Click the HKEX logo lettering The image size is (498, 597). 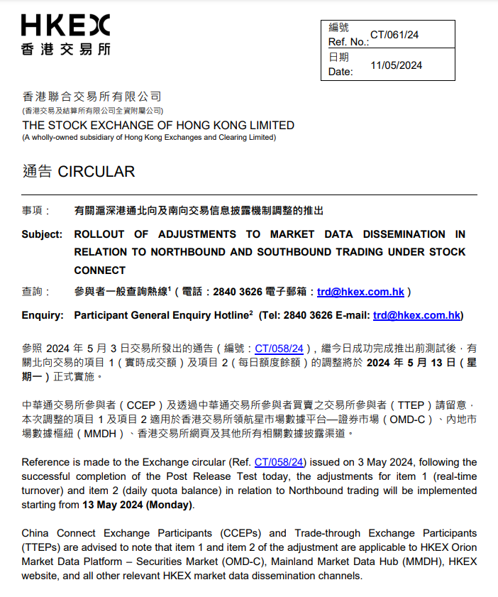pos(65,26)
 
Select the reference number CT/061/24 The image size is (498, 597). pos(394,34)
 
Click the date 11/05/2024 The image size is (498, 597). pos(396,65)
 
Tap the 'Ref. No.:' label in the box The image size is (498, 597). pos(348,43)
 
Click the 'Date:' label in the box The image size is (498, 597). pos(340,72)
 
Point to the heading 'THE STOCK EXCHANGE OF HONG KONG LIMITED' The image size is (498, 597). pos(158,125)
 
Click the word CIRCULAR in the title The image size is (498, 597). pos(96,172)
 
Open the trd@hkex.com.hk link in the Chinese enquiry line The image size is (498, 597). pos(360,291)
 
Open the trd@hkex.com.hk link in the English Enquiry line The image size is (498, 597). pos(417,315)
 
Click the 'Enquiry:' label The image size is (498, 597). pos(42,315)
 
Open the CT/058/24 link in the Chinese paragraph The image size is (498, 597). pos(279,349)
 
